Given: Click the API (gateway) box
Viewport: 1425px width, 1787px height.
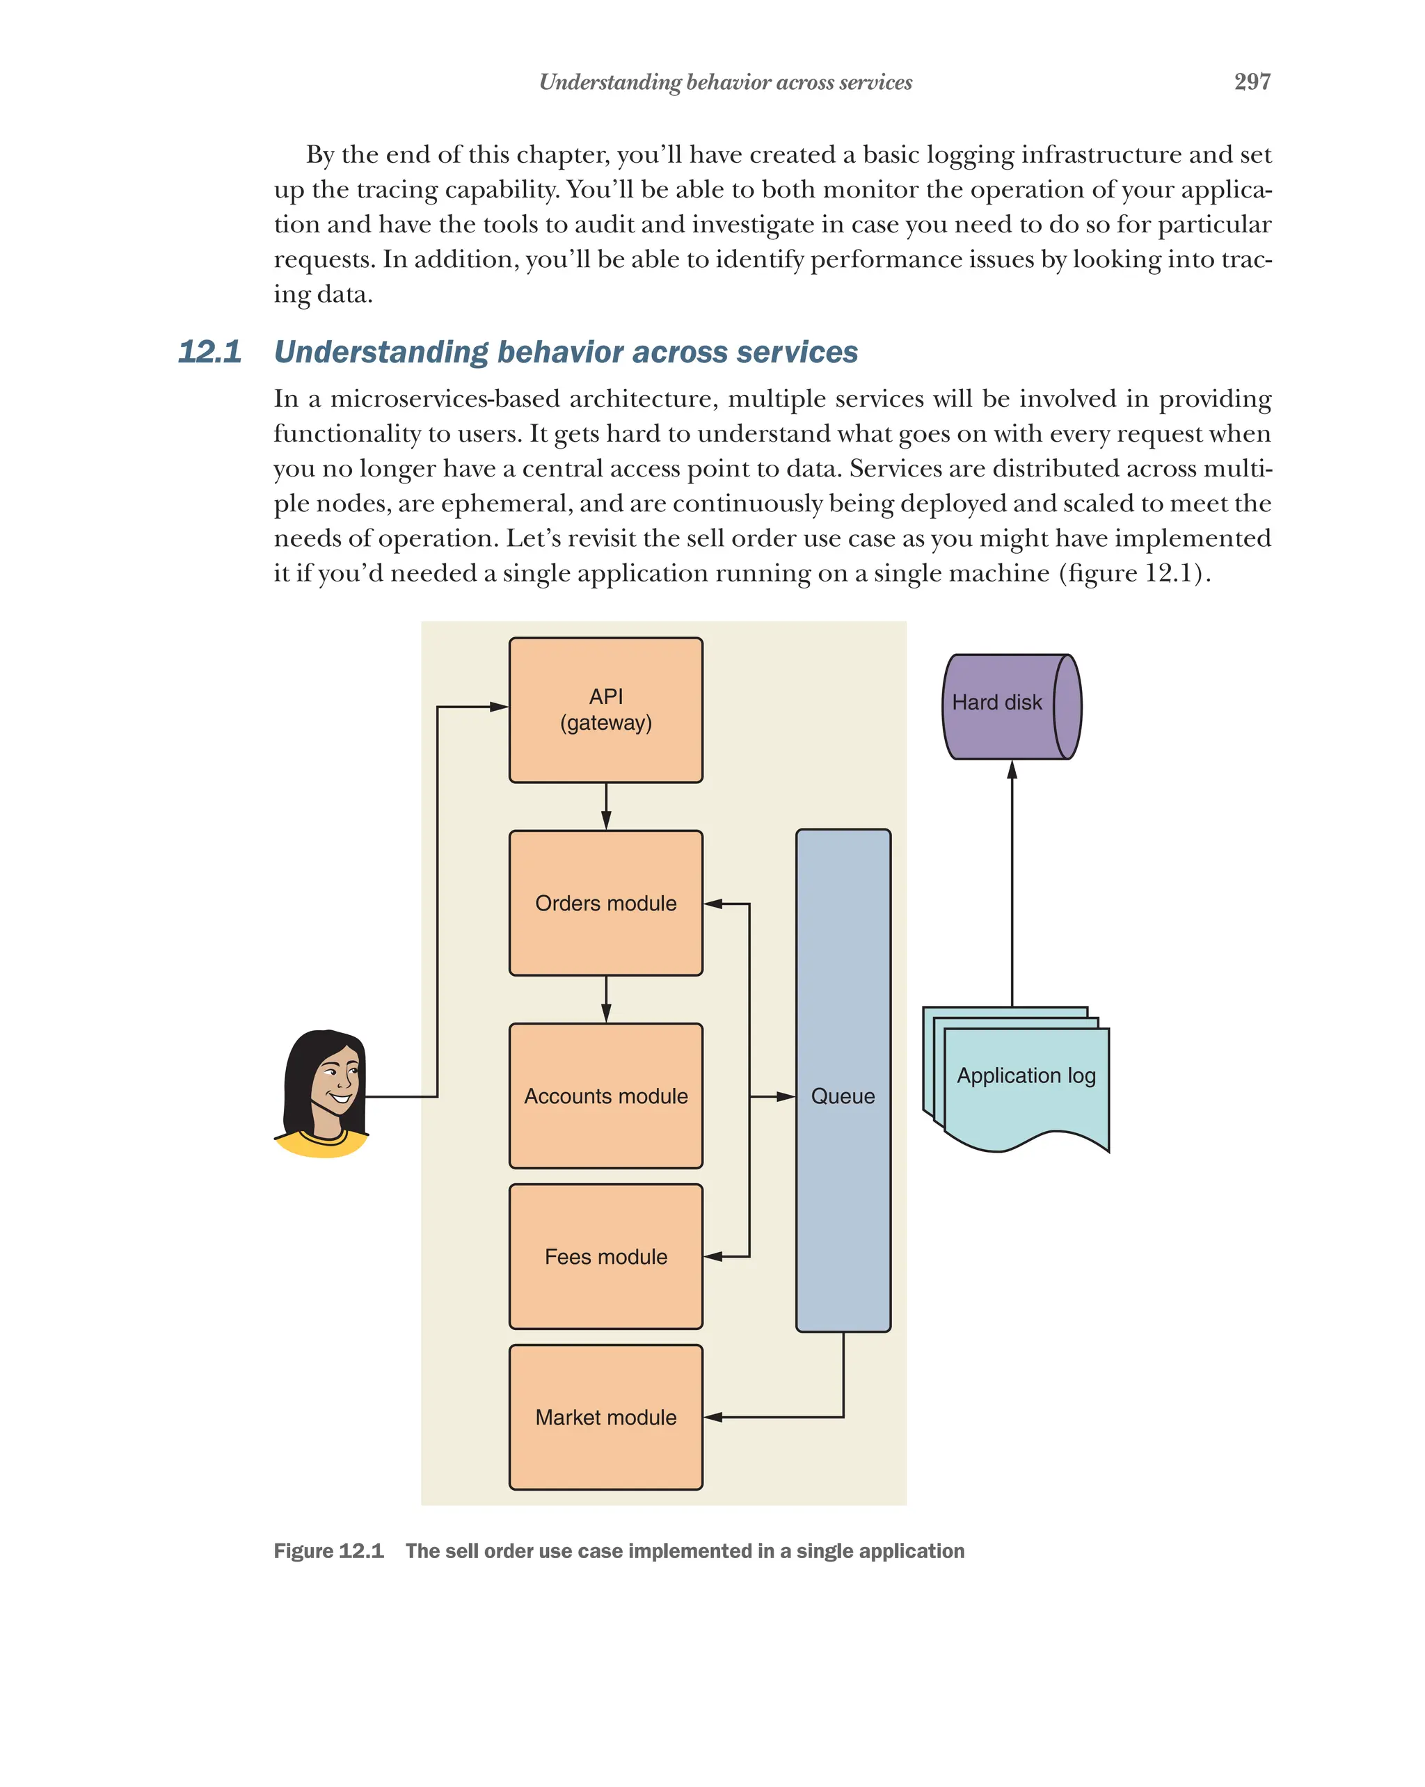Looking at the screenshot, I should coord(605,710).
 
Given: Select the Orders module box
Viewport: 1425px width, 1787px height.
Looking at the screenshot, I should coord(605,903).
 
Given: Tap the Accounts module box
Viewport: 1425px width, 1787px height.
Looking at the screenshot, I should coord(605,1096).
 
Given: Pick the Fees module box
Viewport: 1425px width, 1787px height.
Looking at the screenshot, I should coord(605,1256).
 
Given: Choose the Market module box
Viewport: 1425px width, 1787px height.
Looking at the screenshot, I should coord(605,1418).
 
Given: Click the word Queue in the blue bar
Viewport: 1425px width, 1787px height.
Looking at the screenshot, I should coord(842,1096).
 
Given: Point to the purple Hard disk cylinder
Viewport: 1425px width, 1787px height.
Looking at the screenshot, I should coord(1010,706).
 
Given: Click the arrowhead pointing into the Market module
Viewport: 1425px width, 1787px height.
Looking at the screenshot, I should coord(714,1418).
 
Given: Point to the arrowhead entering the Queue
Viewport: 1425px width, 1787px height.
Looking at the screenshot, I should coord(785,1096).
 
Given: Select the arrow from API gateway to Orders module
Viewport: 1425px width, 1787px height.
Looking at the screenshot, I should coord(606,806).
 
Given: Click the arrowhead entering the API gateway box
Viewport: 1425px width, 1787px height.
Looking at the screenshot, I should coord(498,707).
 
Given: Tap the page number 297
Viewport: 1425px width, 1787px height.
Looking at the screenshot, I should coord(1252,82).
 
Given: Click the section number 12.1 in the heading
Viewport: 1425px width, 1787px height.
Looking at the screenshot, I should coord(209,351).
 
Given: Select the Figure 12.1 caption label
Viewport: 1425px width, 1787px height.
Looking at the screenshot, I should coord(328,1550).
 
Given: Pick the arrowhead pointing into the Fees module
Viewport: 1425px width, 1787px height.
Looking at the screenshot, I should coord(714,1256).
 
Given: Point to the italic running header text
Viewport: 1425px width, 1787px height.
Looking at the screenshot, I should coord(725,82).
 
